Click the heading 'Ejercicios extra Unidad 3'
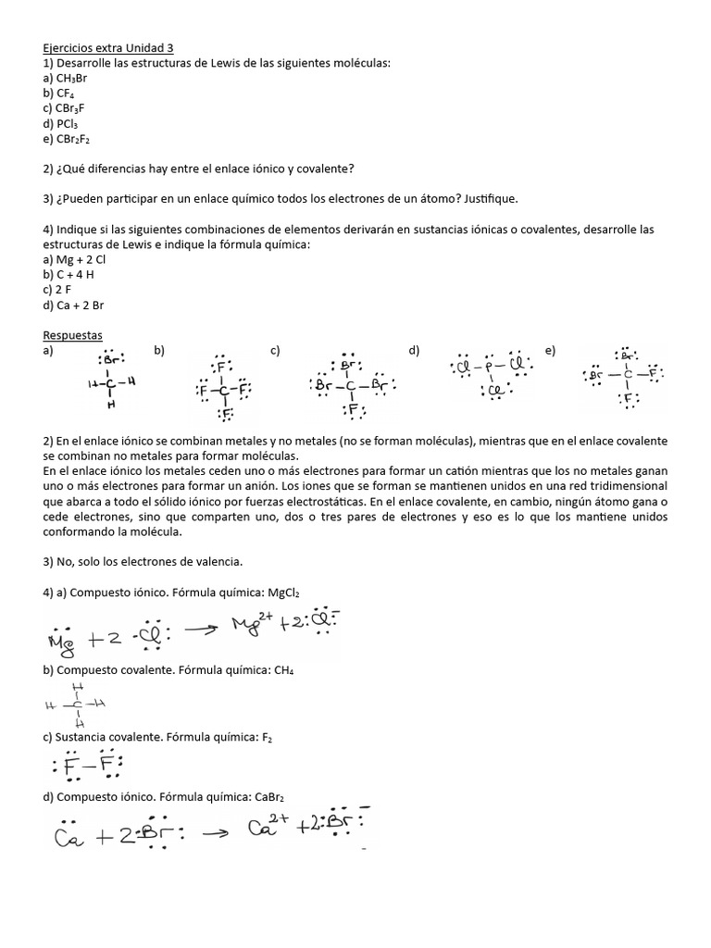(107, 47)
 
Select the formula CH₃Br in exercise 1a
(72, 79)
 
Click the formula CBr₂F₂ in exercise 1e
(74, 139)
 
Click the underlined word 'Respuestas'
(73, 335)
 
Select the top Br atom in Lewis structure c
(350, 365)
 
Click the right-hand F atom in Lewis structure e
(654, 375)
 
